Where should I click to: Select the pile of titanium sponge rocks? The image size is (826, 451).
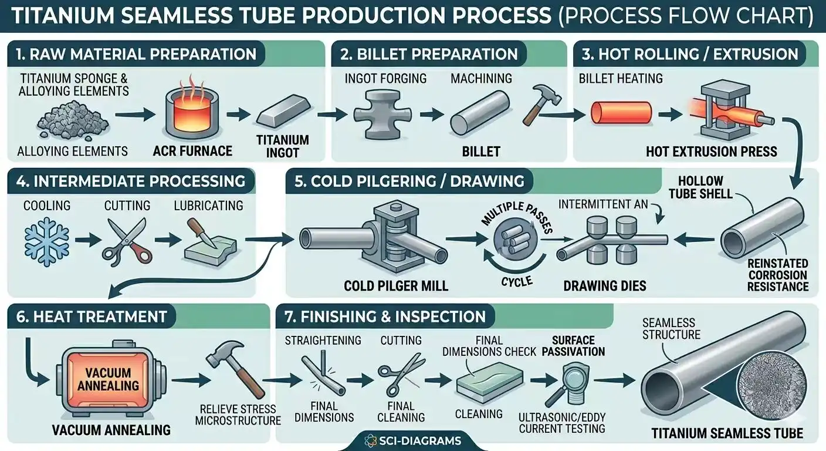click(72, 120)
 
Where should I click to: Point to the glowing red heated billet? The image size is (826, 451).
click(621, 112)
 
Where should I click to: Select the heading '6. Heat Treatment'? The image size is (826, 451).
click(87, 317)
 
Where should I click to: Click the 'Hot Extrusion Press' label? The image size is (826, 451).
click(711, 152)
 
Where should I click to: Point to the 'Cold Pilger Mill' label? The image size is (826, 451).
click(397, 286)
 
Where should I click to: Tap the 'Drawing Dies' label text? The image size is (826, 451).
click(604, 286)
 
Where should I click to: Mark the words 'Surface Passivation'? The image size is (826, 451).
click(578, 346)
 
